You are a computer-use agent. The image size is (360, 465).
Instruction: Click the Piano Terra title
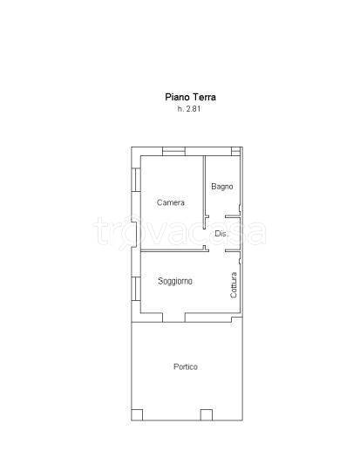point(190,97)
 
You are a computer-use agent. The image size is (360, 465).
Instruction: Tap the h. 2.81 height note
point(189,109)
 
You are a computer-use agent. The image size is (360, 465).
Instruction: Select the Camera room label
point(171,202)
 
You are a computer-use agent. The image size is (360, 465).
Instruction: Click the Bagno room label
point(222,187)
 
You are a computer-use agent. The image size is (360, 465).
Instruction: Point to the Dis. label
point(221,234)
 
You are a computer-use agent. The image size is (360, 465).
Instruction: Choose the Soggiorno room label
point(175,281)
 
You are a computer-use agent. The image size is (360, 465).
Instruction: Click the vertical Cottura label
point(234,285)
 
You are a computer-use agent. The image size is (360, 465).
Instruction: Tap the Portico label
point(186,366)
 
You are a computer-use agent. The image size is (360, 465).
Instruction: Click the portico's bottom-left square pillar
point(137,415)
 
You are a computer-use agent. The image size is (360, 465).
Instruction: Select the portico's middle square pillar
point(207,415)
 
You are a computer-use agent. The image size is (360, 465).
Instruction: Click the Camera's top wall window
point(174,151)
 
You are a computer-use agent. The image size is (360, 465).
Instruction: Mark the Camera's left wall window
point(136,180)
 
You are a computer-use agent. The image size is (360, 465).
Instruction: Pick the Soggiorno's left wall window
point(136,289)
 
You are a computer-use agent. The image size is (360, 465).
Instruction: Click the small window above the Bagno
point(235,151)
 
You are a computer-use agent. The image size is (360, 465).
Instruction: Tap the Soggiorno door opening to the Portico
point(174,318)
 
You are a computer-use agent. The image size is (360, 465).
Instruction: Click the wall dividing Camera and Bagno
point(204,192)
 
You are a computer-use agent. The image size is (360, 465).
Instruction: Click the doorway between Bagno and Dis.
point(217,216)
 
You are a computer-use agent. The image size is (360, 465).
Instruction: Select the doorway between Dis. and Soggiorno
point(217,251)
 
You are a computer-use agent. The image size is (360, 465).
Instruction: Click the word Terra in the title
point(205,97)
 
